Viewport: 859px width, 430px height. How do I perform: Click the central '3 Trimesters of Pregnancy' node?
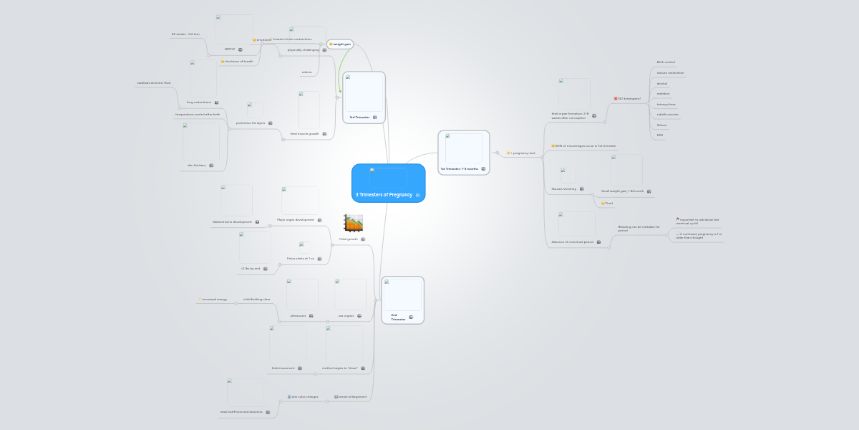point(384,194)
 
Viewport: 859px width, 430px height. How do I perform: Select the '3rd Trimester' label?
point(359,116)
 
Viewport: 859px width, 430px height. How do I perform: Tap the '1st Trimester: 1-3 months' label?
point(459,168)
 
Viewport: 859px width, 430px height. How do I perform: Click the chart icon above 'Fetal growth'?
point(353,223)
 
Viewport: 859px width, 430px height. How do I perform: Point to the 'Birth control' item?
point(666,62)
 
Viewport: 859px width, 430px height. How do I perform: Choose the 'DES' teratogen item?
point(660,135)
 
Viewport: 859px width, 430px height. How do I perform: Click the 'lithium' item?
point(662,125)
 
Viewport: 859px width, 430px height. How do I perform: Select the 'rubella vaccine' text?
point(668,114)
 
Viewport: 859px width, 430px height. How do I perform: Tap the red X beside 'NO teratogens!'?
point(616,98)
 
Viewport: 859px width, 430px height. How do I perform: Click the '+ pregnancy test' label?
point(523,153)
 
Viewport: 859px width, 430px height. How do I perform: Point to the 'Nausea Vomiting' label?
point(564,188)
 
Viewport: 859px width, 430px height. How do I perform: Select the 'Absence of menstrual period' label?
point(573,242)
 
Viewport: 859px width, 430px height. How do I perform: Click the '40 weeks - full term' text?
point(185,34)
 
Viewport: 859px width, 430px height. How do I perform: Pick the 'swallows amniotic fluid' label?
point(154,82)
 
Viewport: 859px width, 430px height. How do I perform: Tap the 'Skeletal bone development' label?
point(232,221)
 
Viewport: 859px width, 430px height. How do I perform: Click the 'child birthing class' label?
point(256,299)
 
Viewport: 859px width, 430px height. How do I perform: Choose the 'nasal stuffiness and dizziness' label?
point(241,411)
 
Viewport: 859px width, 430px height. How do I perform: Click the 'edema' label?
point(306,72)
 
